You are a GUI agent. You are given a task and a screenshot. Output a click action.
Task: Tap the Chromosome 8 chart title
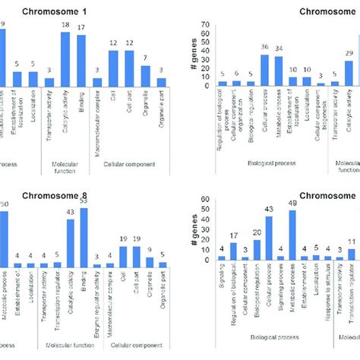(x=82, y=195)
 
